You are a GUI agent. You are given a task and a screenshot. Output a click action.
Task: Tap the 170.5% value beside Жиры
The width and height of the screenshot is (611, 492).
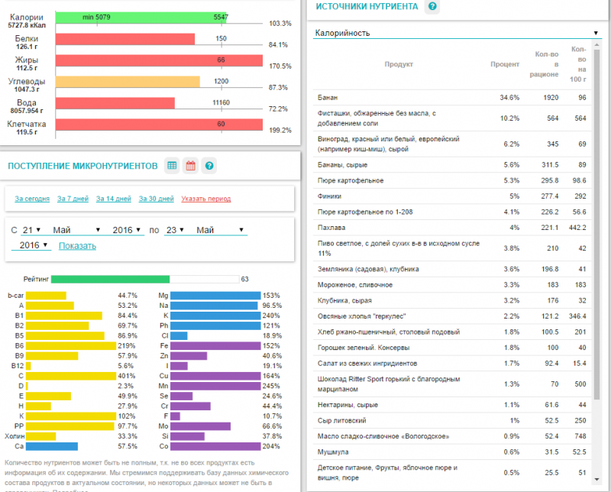tap(280, 66)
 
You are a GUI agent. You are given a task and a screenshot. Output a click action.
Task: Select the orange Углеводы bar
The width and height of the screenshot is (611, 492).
tap(128, 81)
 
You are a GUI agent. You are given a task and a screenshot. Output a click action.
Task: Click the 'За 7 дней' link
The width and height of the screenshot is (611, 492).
tap(73, 199)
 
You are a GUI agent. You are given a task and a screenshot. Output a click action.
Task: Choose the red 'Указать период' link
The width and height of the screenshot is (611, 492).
tap(206, 199)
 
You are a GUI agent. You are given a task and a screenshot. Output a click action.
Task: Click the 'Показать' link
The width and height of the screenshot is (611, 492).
tap(77, 246)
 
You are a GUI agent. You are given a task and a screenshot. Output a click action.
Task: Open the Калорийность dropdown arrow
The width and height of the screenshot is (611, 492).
tap(595, 33)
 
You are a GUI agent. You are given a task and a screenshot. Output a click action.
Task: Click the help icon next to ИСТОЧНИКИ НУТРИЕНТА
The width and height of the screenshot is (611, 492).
tap(433, 7)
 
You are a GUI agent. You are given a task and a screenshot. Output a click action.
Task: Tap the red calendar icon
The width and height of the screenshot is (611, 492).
tap(190, 165)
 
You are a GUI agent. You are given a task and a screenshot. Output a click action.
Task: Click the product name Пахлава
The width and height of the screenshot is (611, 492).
tap(331, 227)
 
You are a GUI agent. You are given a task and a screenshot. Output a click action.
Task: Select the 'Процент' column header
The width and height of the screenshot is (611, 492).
tap(505, 65)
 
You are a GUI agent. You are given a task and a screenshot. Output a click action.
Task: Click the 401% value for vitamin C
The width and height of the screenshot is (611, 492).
tap(126, 376)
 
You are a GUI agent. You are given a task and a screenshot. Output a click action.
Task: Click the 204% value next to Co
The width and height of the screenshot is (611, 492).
tap(271, 446)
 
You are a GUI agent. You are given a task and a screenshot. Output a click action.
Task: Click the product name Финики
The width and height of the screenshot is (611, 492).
tap(331, 196)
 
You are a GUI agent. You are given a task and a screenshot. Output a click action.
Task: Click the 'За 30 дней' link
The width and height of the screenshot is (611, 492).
tap(156, 199)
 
